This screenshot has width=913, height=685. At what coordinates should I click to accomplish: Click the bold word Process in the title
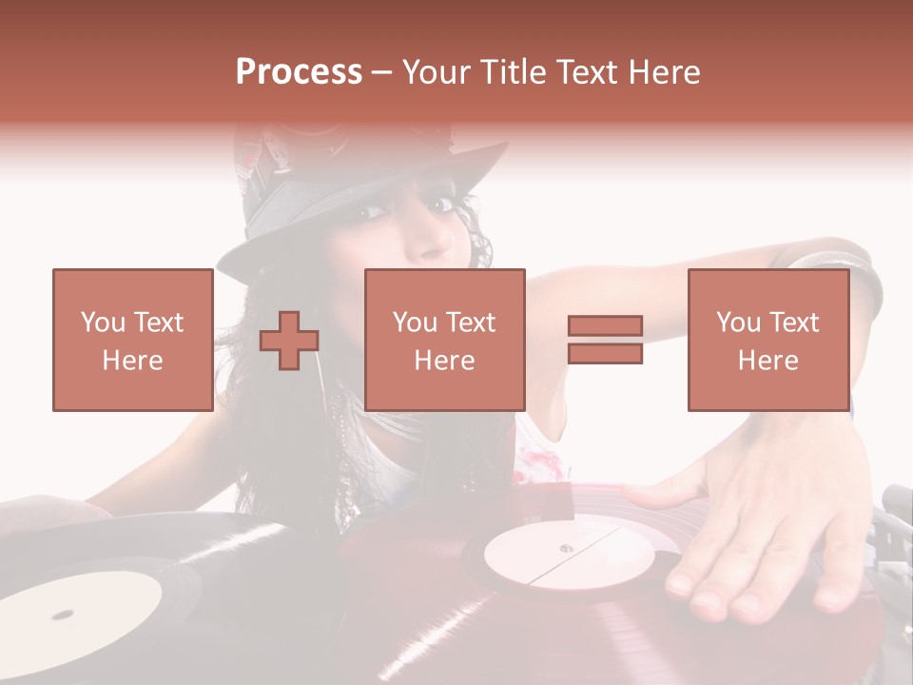(x=299, y=72)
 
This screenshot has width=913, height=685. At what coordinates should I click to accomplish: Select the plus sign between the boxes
(x=289, y=341)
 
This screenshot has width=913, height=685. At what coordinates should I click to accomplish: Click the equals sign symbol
(x=605, y=340)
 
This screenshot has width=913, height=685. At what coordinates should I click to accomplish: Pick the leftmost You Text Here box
(x=132, y=340)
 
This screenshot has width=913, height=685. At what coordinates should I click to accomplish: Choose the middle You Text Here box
(x=444, y=340)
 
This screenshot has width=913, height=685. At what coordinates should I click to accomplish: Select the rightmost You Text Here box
(x=767, y=340)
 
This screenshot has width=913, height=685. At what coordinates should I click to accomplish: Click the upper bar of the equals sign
(x=605, y=326)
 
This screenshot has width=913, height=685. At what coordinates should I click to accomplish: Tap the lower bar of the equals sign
(x=605, y=353)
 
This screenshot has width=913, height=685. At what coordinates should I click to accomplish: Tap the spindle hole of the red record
(x=567, y=548)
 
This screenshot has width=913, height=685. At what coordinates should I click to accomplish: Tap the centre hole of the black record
(x=65, y=614)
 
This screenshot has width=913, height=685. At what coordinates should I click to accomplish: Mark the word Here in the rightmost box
(x=767, y=361)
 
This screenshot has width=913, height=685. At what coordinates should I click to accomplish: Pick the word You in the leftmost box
(x=103, y=322)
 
